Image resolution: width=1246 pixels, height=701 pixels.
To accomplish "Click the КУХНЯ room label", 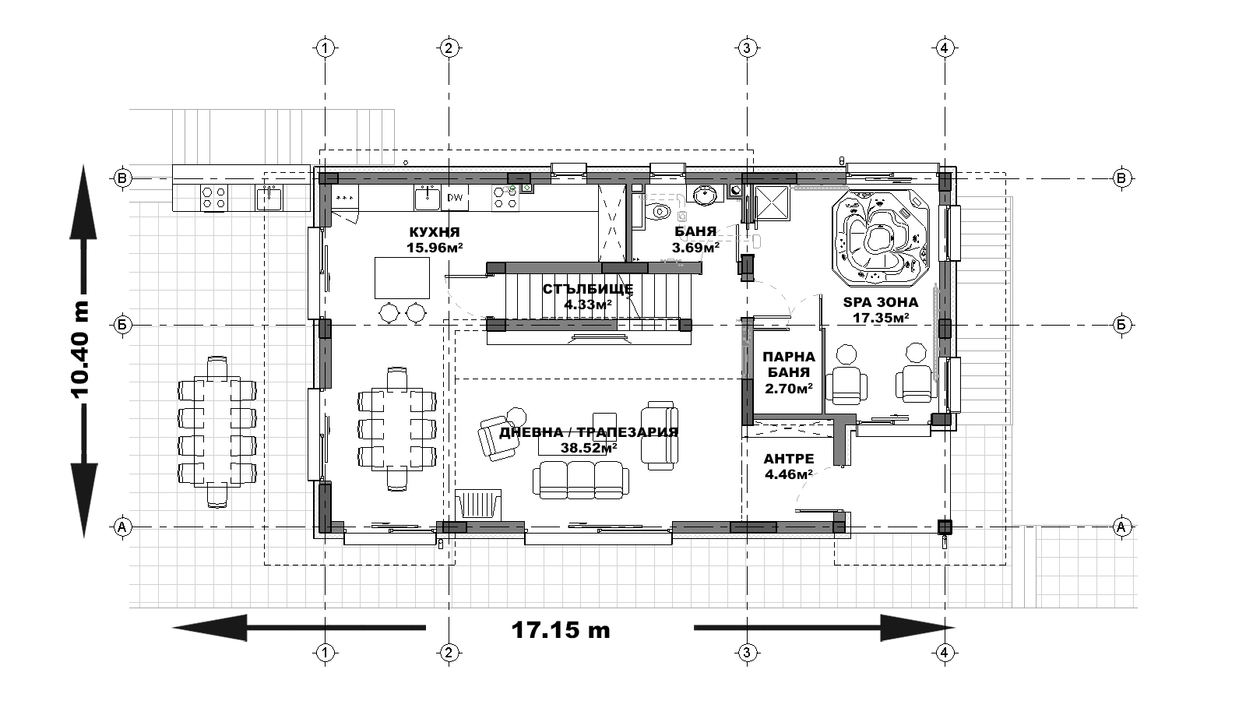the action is point(435,232).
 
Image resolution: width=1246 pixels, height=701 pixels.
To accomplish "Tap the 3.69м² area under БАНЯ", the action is point(695,248).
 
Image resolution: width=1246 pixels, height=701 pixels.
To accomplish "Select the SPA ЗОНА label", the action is point(881,303).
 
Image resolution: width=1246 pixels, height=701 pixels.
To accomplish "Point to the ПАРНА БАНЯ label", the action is point(789,365).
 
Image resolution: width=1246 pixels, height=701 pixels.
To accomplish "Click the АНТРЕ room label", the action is point(789,459).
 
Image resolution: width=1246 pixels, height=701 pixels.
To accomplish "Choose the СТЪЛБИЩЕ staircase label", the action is point(588,289).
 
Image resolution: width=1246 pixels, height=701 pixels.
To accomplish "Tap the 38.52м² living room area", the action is point(589,448).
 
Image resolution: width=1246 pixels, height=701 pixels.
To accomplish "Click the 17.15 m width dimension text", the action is point(561,630).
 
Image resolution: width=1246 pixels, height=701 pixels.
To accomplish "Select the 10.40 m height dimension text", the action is point(80,350).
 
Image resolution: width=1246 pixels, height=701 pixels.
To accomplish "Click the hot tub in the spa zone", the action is point(881,238).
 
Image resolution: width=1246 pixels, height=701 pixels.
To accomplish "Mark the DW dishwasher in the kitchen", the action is point(455,198).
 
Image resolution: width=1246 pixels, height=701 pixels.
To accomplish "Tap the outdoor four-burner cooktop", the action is point(214,198).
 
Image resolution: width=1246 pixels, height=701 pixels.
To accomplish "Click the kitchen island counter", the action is point(402,278).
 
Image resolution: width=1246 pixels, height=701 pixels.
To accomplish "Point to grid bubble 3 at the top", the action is point(747,48).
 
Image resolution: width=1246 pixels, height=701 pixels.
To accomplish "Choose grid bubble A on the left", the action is point(122,527).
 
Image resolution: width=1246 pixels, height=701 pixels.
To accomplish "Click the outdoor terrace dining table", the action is point(217,432).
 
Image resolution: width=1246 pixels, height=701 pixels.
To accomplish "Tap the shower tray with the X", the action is point(772,203).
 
